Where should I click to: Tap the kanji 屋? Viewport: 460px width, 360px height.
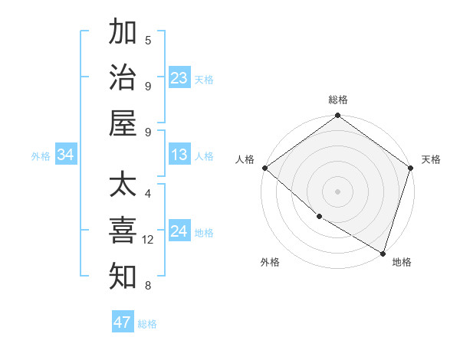tap(123, 123)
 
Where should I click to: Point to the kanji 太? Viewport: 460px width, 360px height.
tap(123, 186)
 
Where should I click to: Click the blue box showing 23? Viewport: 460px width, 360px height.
tap(179, 78)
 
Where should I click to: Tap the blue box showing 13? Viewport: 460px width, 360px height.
tap(179, 155)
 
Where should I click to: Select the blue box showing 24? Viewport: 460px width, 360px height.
tap(179, 232)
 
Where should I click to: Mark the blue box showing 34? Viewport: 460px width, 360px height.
tap(66, 155)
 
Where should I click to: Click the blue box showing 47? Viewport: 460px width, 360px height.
tap(123, 322)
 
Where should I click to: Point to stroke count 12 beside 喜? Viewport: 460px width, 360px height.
tap(148, 240)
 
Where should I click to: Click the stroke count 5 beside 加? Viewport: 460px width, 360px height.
tap(148, 40)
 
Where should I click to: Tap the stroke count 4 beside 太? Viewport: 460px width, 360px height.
tap(148, 194)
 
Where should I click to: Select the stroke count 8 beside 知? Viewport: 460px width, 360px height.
tap(148, 286)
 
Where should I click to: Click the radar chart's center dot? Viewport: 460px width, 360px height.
tap(337, 191)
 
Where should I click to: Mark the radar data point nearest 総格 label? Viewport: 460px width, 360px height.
tap(337, 116)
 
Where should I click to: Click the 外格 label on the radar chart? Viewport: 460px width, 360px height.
tap(270, 262)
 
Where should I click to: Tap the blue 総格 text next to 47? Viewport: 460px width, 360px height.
tap(147, 324)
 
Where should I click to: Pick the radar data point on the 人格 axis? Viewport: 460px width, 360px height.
tap(264, 168)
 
